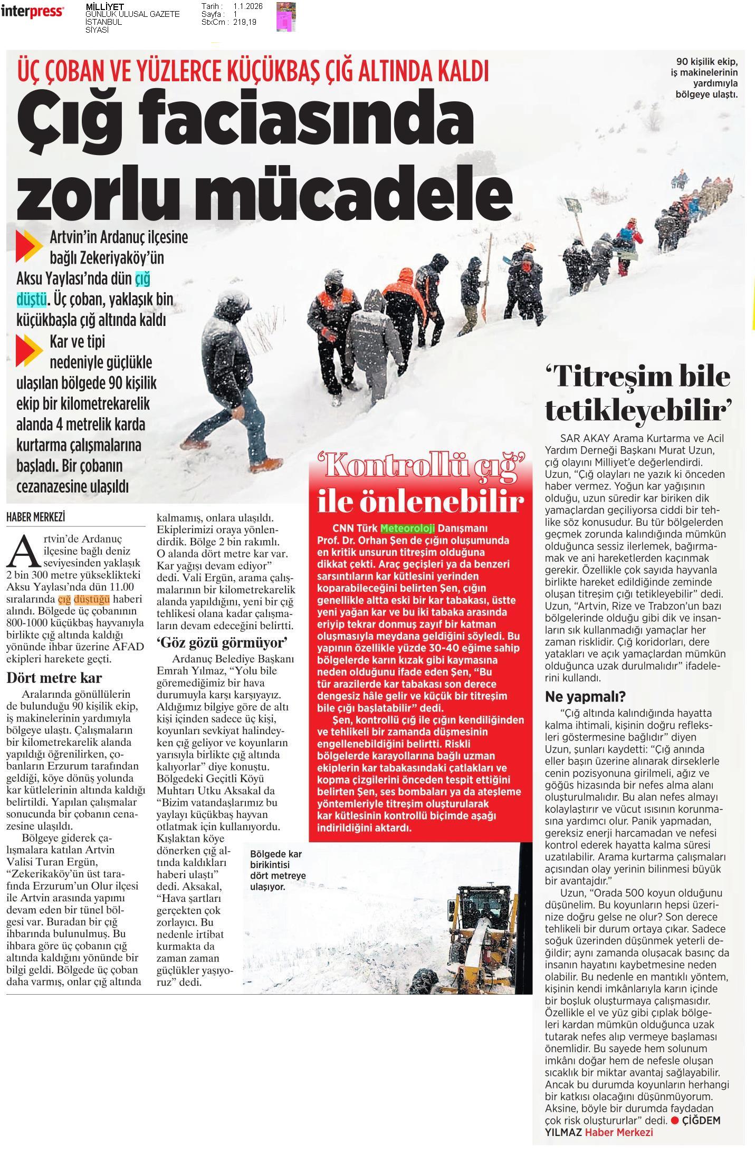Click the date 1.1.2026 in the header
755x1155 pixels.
click(x=247, y=6)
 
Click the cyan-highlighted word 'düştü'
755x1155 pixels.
click(x=31, y=299)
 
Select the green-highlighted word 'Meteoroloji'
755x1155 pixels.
click(x=407, y=528)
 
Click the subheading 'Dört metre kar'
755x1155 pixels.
click(x=54, y=678)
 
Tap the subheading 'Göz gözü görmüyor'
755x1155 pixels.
click(x=222, y=642)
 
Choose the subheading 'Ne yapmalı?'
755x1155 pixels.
click(x=585, y=697)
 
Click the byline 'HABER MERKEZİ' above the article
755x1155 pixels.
click(x=35, y=517)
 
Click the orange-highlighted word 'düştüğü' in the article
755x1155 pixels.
click(x=92, y=599)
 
